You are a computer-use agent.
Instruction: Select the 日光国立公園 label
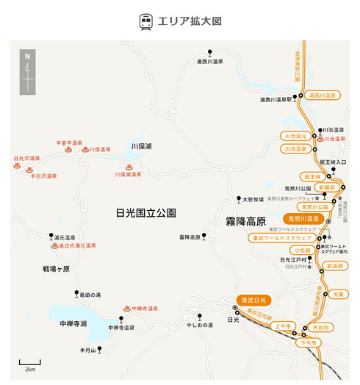click(146, 213)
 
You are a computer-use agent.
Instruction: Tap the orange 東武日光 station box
click(253, 300)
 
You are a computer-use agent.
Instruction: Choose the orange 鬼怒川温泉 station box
click(303, 218)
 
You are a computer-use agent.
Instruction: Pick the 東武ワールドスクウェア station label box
click(283, 239)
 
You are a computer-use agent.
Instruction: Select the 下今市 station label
click(309, 343)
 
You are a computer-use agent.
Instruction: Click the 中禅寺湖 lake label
click(73, 323)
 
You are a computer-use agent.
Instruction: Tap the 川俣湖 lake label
click(141, 147)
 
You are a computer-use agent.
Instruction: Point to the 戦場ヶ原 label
click(56, 269)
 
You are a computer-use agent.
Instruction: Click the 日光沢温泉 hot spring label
click(26, 158)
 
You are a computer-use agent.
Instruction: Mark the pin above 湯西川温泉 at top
click(210, 52)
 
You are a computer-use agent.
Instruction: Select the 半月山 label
click(88, 350)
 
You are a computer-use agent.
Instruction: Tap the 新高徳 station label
click(335, 265)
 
